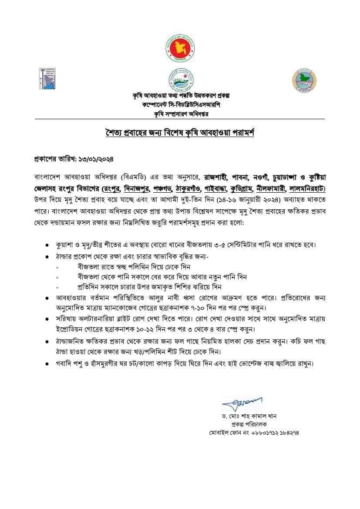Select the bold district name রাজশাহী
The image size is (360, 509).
point(216,177)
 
